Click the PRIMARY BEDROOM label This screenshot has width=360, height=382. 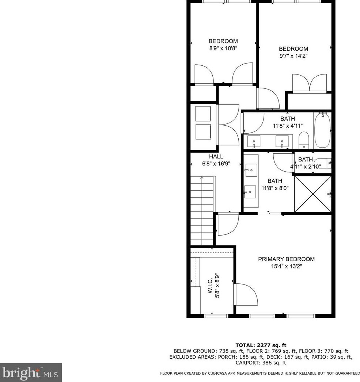(286, 259)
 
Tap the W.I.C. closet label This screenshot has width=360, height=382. (210, 286)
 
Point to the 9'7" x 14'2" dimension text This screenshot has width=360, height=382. (293, 56)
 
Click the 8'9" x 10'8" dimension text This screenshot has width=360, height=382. (223, 49)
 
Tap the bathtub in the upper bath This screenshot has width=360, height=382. (322, 130)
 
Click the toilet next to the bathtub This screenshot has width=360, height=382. (303, 141)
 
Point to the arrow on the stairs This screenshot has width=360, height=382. (202, 179)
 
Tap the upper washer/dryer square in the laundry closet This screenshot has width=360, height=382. (203, 114)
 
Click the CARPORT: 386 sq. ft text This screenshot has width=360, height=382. (261, 363)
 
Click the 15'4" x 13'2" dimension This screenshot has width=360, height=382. (286, 267)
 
